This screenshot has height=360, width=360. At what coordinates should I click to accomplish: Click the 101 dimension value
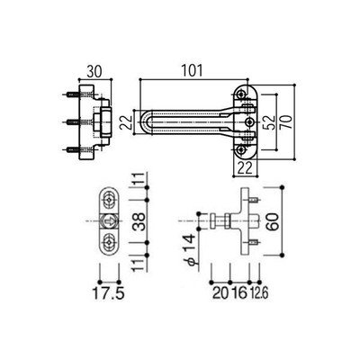click(192, 71)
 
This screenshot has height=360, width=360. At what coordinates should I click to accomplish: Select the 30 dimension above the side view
click(94, 71)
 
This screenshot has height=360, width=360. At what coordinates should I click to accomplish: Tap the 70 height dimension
click(286, 121)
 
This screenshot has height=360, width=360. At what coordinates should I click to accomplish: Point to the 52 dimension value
click(270, 122)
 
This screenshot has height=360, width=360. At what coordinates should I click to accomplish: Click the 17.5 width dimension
click(108, 293)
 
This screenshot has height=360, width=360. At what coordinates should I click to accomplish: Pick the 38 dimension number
click(139, 221)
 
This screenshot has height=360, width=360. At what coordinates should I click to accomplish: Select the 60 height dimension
click(272, 221)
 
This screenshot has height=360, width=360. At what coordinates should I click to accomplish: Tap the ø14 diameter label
click(190, 249)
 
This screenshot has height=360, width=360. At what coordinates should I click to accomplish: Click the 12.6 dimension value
click(260, 293)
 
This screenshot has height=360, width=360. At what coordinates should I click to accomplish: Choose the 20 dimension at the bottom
click(220, 293)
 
